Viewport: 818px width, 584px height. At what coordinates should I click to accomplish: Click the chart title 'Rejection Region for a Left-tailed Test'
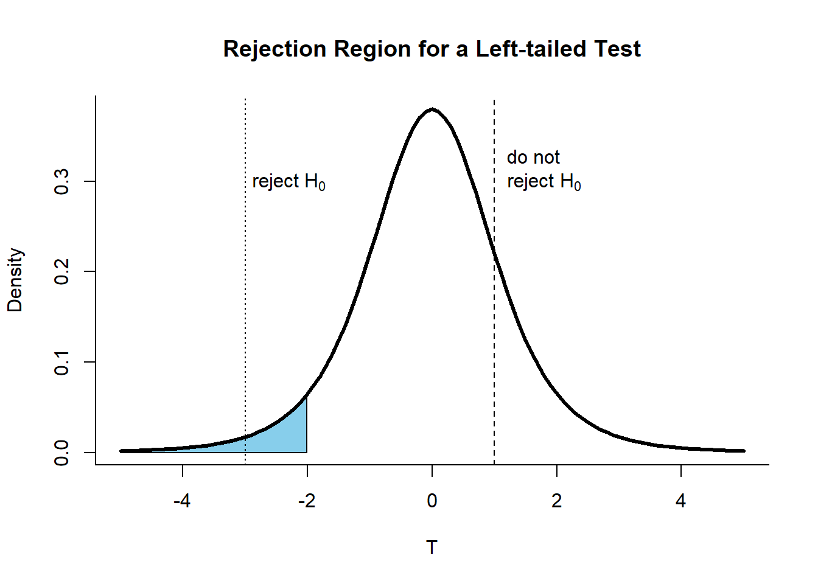pos(432,49)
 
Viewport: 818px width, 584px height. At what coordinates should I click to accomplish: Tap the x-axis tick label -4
pos(182,501)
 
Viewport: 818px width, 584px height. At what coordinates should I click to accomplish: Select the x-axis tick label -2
pos(307,501)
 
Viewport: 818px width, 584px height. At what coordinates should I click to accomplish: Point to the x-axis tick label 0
pos(432,501)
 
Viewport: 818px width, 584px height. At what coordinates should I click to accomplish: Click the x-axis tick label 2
pos(556,501)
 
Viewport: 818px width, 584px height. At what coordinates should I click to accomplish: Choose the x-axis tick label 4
pos(680,501)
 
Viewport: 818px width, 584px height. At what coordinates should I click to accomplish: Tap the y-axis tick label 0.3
pos(61,181)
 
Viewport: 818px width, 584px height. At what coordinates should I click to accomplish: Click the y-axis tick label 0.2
pos(61,271)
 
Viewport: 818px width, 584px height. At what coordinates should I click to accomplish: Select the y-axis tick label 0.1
pos(61,362)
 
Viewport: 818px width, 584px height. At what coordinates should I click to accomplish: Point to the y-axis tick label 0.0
pos(61,453)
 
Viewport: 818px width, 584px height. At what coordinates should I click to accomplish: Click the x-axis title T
pos(432,547)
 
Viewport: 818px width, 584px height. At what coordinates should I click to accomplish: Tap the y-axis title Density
pos(15,280)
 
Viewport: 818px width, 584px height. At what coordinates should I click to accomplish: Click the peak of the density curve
pos(432,109)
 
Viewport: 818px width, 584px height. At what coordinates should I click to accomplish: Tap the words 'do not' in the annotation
pos(533,158)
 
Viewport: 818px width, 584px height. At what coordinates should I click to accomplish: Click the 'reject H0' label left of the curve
pos(288,181)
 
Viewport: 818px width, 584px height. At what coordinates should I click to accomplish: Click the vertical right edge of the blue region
pos(307,426)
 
